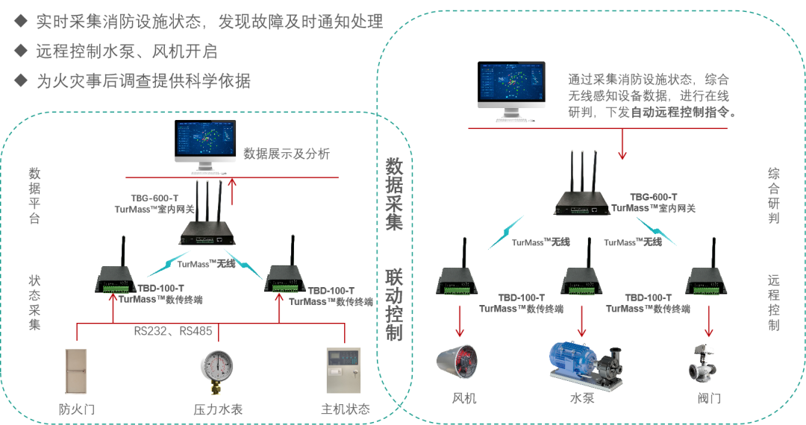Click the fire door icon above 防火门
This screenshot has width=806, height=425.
click(75, 371)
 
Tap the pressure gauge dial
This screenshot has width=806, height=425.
click(217, 366)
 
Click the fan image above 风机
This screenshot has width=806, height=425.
click(457, 362)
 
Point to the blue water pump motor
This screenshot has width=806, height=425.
click(572, 360)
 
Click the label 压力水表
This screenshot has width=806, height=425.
click(218, 409)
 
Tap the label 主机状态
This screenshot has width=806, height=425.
click(345, 409)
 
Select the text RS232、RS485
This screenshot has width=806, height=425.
click(172, 330)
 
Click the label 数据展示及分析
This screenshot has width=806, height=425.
click(287, 154)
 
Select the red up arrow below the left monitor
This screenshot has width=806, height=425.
click(234, 191)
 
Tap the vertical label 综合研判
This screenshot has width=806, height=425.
click(774, 196)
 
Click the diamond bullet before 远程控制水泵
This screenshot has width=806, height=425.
click(20, 51)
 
